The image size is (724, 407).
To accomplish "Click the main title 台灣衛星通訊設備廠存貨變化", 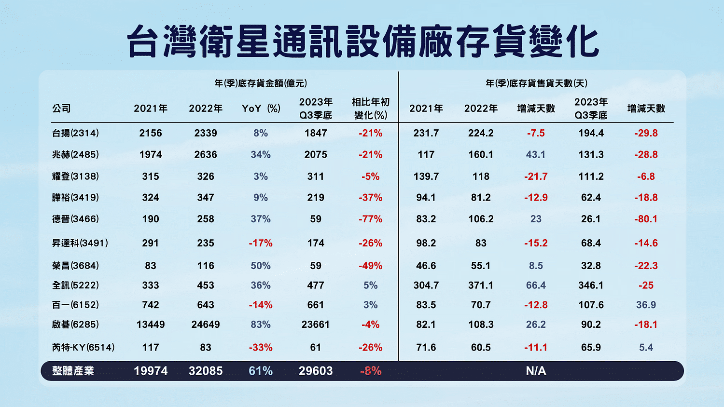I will pyautogui.click(x=362, y=42).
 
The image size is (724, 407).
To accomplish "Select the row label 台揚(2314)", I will pyautogui.click(x=75, y=133).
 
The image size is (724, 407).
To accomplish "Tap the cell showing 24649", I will pyautogui.click(x=206, y=325).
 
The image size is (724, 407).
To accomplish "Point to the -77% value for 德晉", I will pyautogui.click(x=370, y=219).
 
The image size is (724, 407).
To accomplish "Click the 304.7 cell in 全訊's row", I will pyautogui.click(x=426, y=285).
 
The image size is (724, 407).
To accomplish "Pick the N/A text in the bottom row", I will pyautogui.click(x=536, y=371).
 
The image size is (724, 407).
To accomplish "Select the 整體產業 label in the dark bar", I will pyautogui.click(x=73, y=371).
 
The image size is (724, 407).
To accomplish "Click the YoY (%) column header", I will pyautogui.click(x=261, y=109).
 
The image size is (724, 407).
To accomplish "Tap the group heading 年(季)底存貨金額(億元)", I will pyautogui.click(x=261, y=83).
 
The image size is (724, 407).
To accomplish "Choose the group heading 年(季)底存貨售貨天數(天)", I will pyautogui.click(x=536, y=83).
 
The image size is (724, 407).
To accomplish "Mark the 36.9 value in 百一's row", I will pyautogui.click(x=646, y=305).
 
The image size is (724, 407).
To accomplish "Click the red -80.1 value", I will pyautogui.click(x=646, y=219).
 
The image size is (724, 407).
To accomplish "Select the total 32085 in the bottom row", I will pyautogui.click(x=206, y=371).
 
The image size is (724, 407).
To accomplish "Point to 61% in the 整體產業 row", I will pyautogui.click(x=261, y=371).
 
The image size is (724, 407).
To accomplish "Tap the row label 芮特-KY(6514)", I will pyautogui.click(x=83, y=347).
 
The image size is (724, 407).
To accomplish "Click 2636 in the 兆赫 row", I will pyautogui.click(x=206, y=155).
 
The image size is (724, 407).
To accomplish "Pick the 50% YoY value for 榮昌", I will pyautogui.click(x=261, y=266).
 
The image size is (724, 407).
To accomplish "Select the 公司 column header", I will pyautogui.click(x=61, y=109).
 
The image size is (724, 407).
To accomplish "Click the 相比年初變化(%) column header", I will pyautogui.click(x=370, y=109).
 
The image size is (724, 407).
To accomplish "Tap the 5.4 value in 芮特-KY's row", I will pyautogui.click(x=646, y=347).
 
